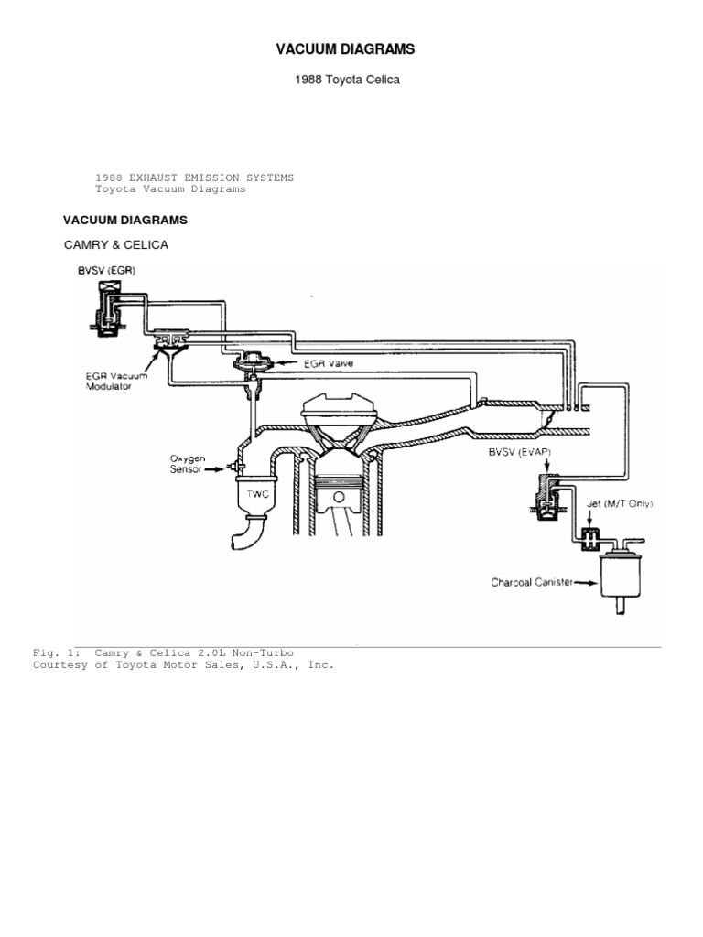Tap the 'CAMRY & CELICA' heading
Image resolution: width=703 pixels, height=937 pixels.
pos(115,245)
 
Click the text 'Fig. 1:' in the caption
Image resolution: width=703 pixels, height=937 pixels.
pos(50,652)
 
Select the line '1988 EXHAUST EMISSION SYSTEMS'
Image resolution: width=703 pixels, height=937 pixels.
pos(195,178)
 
